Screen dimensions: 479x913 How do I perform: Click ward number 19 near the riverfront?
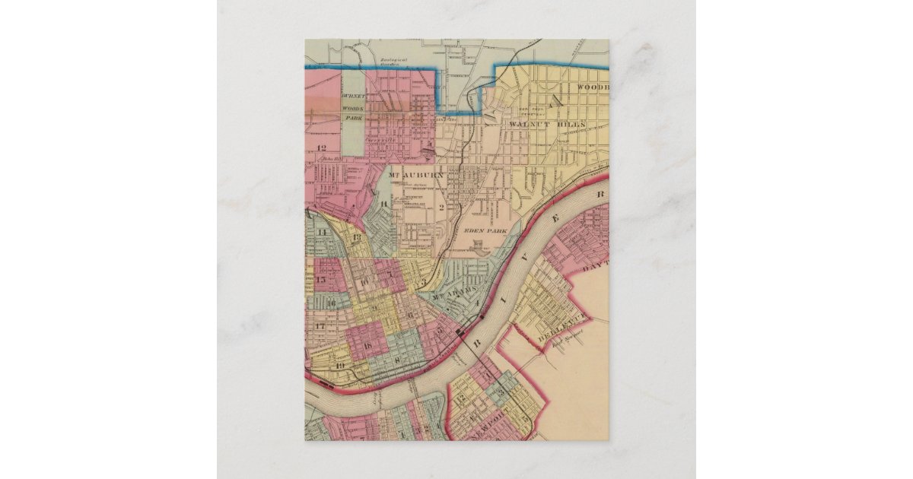339,366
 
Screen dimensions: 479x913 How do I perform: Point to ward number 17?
320,325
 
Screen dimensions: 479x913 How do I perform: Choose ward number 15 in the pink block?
320,281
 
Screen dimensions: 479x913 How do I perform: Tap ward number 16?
332,303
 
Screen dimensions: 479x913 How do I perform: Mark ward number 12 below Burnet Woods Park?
321,148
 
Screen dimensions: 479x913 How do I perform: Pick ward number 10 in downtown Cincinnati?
364,284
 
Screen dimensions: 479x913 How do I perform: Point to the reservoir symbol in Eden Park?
478,245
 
